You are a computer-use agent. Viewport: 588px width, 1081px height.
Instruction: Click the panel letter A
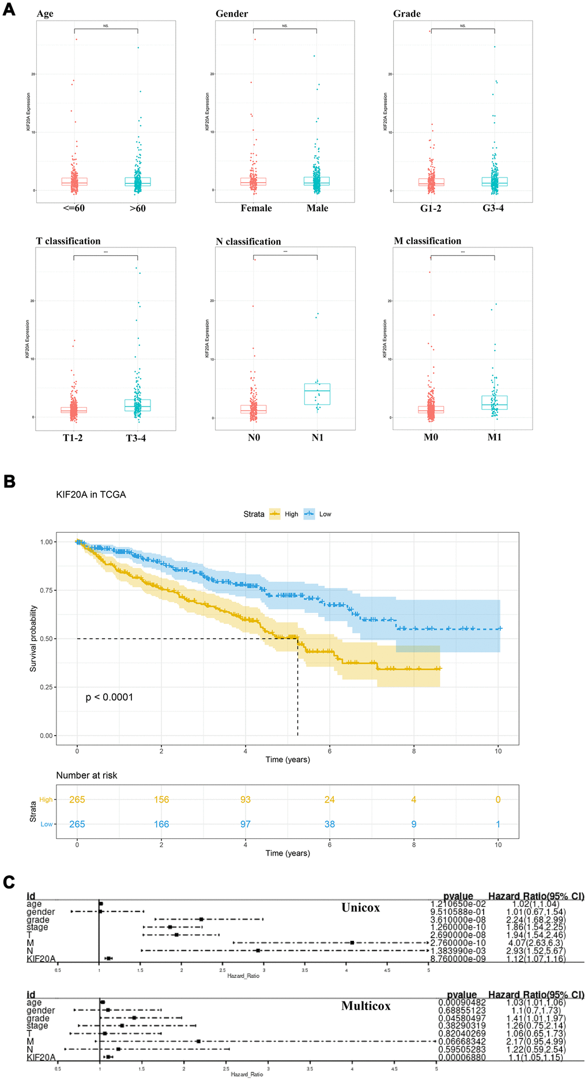(9, 10)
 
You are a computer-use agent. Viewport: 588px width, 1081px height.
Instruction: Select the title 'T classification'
(68, 241)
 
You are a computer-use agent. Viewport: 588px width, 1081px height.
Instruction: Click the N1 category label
(318, 438)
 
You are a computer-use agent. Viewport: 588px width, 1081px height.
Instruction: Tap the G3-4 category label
(493, 208)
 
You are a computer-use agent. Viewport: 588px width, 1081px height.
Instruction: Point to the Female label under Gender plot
(256, 208)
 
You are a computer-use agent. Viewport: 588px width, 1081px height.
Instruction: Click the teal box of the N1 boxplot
(317, 394)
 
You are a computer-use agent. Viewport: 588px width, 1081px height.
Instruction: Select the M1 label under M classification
(495, 437)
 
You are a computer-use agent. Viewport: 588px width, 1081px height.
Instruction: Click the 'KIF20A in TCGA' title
(91, 495)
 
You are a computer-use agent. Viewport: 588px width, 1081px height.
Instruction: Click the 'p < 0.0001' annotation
(110, 698)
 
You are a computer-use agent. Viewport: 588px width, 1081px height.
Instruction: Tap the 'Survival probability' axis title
(33, 638)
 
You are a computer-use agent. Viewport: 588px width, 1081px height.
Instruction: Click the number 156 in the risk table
(161, 800)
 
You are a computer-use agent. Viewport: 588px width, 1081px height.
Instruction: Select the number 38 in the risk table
(330, 824)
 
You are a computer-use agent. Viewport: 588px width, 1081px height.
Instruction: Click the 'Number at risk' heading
(86, 775)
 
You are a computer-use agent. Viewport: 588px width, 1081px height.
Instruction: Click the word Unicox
(360, 907)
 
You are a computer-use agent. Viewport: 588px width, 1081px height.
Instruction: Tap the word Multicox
(365, 1005)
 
